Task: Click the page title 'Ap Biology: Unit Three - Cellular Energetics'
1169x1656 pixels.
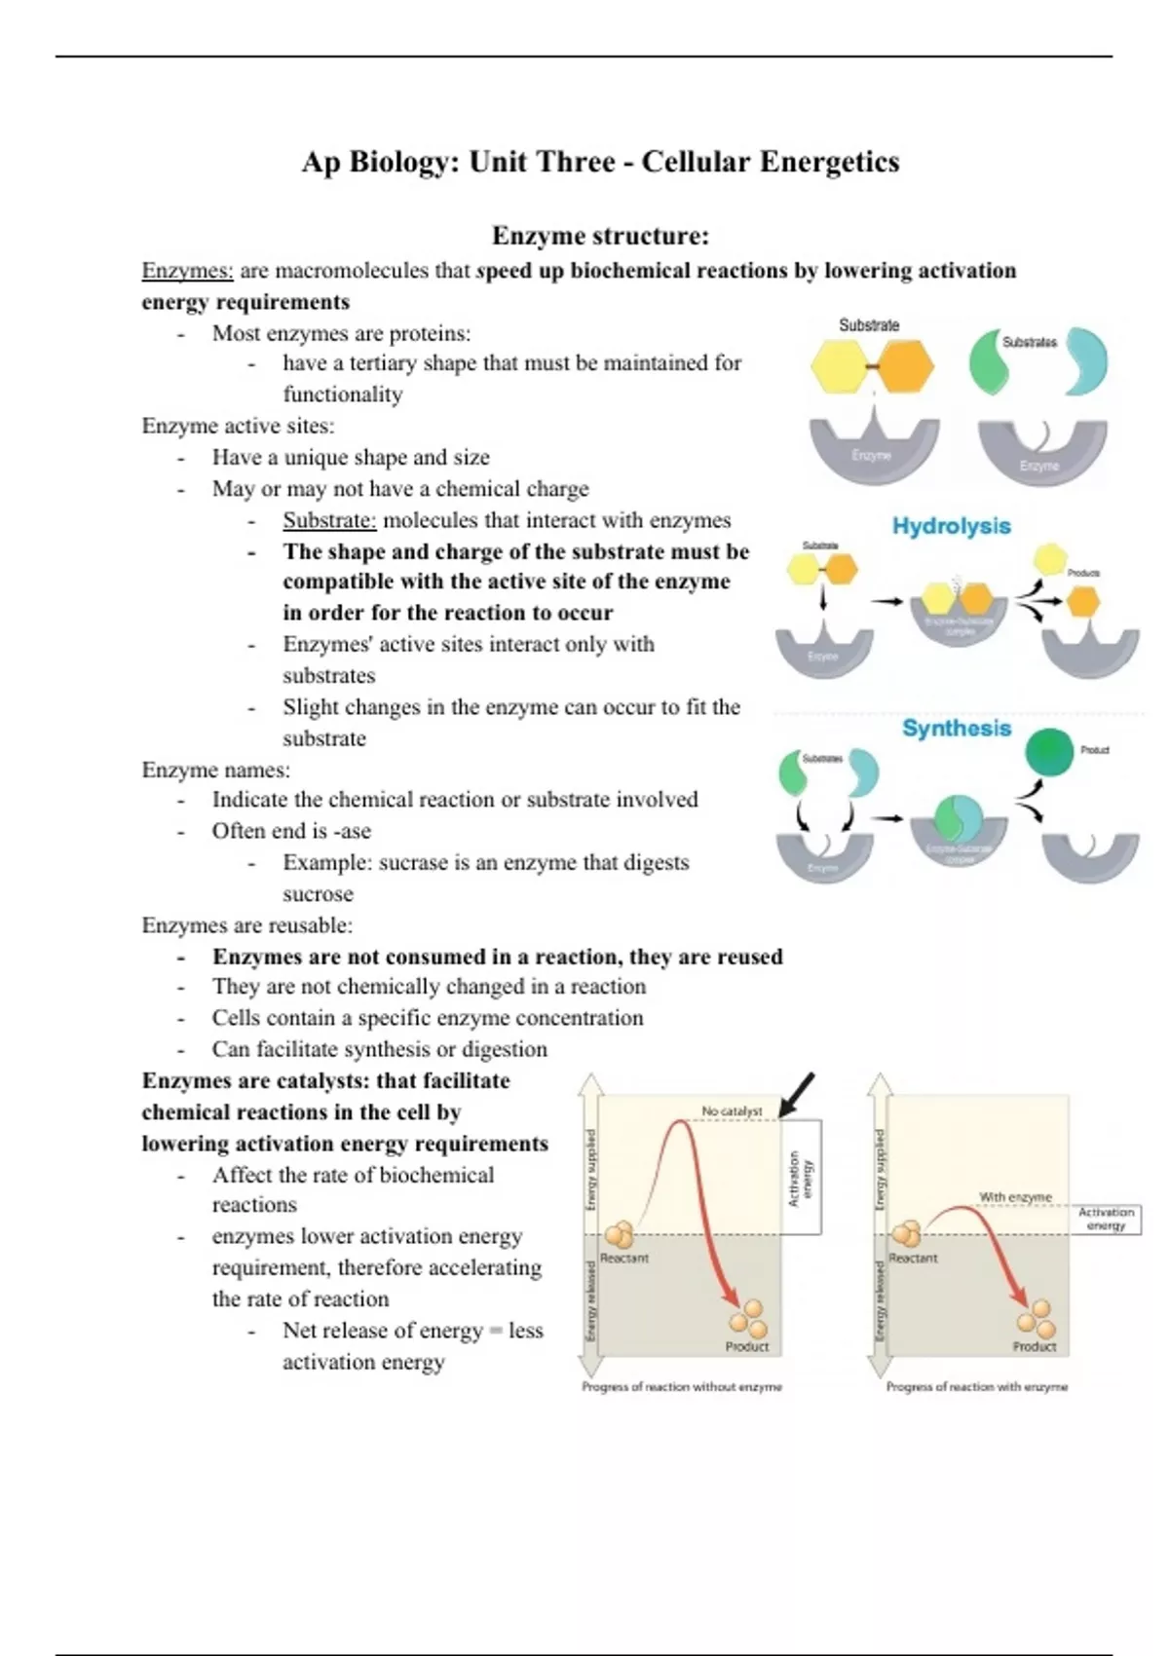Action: [600, 162]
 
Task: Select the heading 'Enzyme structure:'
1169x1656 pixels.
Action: [600, 236]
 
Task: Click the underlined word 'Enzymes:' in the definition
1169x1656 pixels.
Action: [187, 271]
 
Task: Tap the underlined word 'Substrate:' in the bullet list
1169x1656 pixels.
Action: [329, 520]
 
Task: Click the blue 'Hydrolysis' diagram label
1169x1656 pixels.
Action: [951, 526]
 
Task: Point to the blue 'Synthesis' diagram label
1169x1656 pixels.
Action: [956, 729]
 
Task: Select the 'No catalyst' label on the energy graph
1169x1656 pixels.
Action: [732, 1110]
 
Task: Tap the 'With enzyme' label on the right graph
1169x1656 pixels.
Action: [1015, 1196]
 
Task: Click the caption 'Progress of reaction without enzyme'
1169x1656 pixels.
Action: [682, 1386]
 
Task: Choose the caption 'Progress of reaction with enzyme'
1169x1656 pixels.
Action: [976, 1386]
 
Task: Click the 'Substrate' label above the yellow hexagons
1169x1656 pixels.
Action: [869, 325]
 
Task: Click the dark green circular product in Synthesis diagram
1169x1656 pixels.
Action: [1049, 752]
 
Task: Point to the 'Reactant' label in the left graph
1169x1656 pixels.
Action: [624, 1258]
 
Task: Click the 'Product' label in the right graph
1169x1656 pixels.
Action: [1034, 1346]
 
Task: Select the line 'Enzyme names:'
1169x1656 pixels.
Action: [216, 770]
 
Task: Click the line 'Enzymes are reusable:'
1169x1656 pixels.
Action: [247, 925]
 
